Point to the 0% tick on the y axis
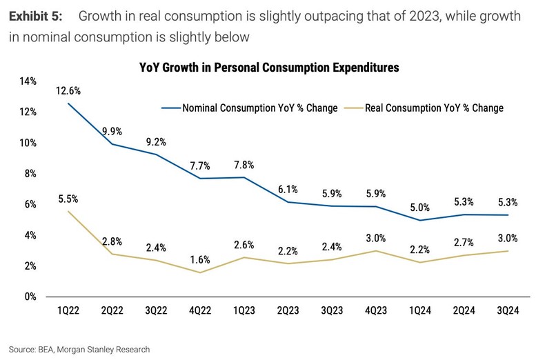click(30, 297)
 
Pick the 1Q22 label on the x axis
click(68, 312)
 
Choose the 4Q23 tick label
click(375, 312)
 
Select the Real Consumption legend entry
click(434, 108)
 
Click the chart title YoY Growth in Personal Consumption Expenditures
click(270, 68)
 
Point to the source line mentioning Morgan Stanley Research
click(79, 349)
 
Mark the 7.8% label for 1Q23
click(244, 165)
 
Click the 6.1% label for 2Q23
click(288, 189)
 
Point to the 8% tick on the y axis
click(30, 174)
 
